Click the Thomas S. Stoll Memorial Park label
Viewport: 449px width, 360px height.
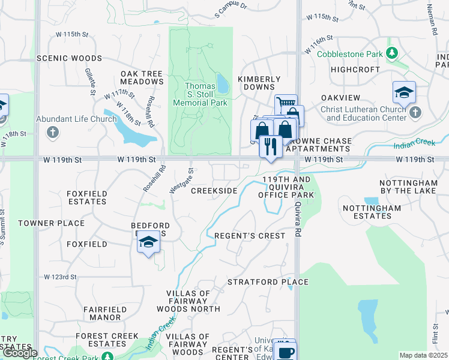pyautogui.click(x=200, y=94)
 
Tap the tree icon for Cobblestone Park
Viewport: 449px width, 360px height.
pyautogui.click(x=392, y=54)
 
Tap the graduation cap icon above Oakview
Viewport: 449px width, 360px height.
pyautogui.click(x=404, y=93)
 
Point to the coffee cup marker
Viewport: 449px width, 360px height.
pyautogui.click(x=284, y=351)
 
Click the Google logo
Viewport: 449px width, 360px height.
pyautogui.click(x=19, y=353)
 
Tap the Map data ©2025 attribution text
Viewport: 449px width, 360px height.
pyautogui.click(x=423, y=355)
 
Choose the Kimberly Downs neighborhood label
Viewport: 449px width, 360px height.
pyautogui.click(x=259, y=83)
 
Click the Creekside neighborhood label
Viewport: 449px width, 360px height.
pyautogui.click(x=214, y=191)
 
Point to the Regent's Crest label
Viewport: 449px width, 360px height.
pyautogui.click(x=250, y=236)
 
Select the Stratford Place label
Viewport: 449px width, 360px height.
pyautogui.click(x=268, y=282)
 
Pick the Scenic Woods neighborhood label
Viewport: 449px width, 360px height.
pyautogui.click(x=61, y=58)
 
